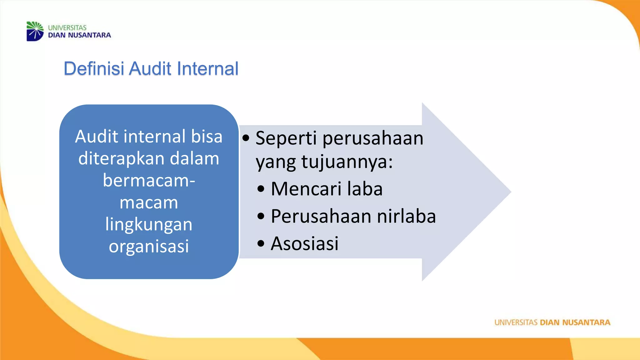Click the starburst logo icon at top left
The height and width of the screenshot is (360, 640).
coord(35,31)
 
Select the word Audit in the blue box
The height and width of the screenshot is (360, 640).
coord(97,137)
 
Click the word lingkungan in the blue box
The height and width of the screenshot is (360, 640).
coord(149,224)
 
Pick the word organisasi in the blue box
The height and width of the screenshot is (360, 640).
coord(149,246)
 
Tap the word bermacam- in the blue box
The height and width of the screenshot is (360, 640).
coord(149,181)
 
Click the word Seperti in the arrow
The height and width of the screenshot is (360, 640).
coord(286,138)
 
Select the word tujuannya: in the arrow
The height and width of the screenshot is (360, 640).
coord(347,162)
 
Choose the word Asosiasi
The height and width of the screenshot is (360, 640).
coord(304,243)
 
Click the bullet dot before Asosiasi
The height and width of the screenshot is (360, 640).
coord(261,244)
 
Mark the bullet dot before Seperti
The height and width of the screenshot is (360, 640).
coord(246,138)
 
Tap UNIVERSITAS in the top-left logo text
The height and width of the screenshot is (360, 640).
coord(67,28)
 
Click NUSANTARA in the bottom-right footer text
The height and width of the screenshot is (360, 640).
coord(586,322)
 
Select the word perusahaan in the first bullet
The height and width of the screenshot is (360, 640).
coord(373,138)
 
